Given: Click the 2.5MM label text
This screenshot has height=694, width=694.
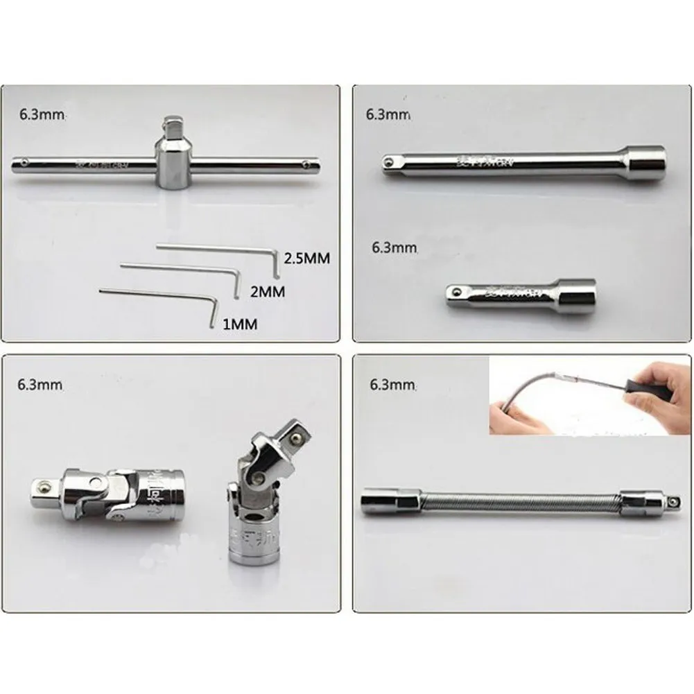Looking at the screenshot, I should point(307,258).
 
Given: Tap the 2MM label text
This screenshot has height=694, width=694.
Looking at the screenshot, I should point(268,292).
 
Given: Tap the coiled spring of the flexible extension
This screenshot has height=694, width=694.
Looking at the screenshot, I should point(520,501).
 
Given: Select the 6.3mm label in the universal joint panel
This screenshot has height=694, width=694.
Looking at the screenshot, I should point(42,383).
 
